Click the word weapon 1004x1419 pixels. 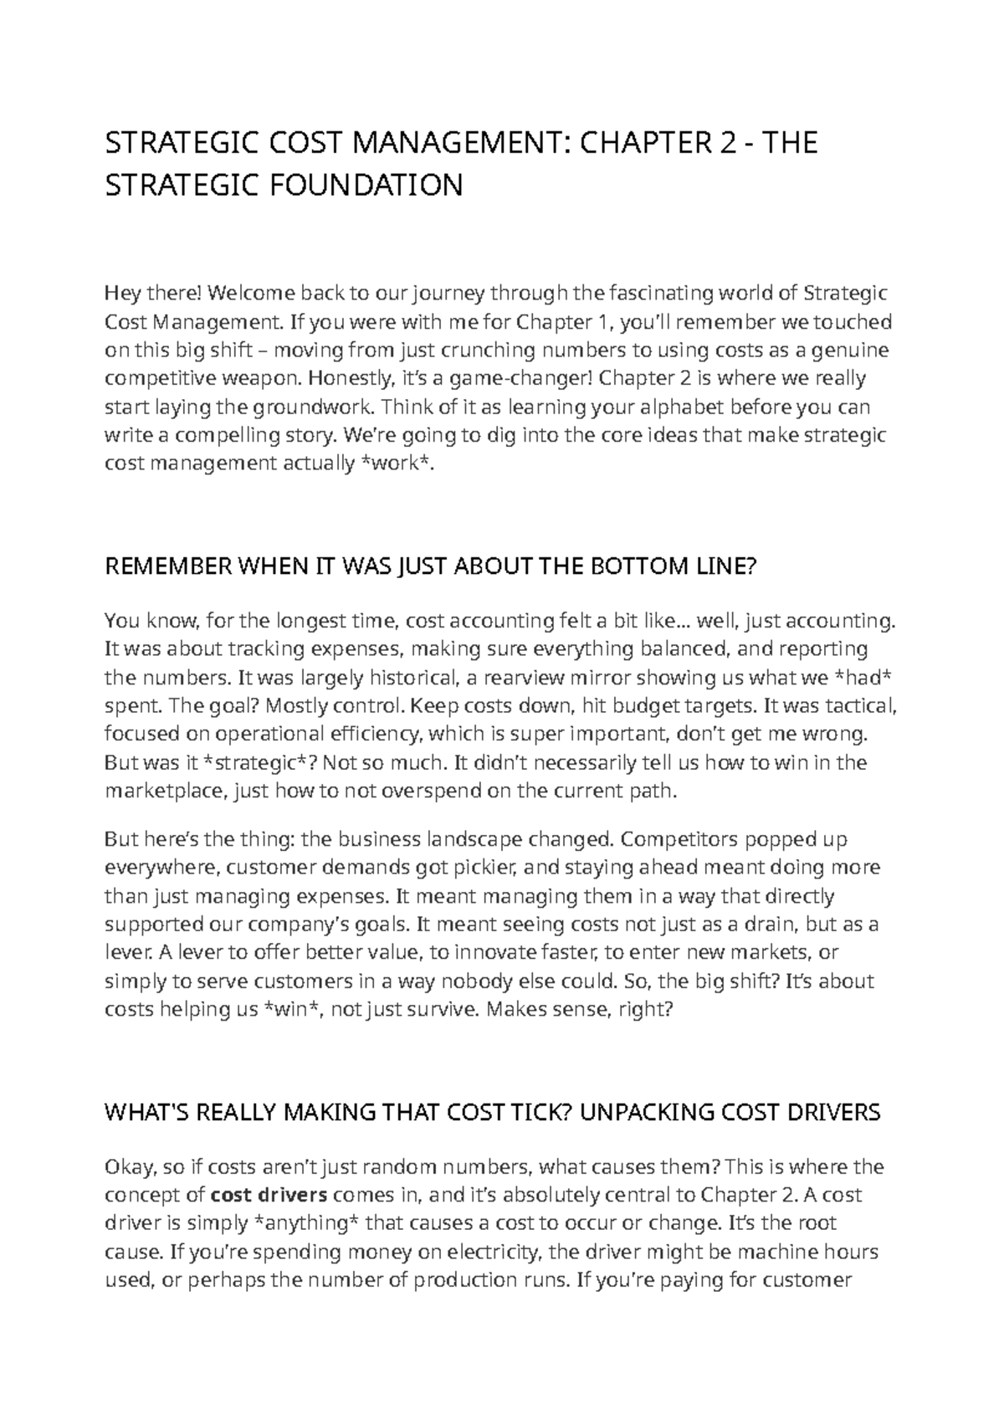pyautogui.click(x=259, y=379)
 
